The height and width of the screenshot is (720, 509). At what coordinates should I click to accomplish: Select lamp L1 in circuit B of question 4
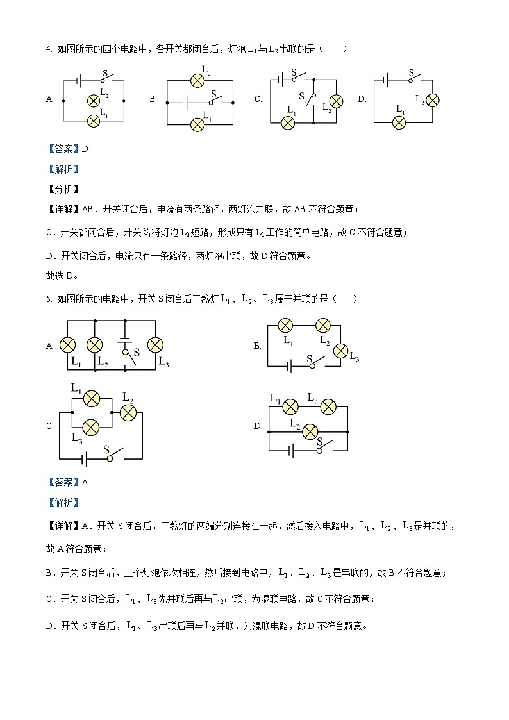click(197, 124)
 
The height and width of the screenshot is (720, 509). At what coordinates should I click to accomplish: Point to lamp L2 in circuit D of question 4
click(432, 100)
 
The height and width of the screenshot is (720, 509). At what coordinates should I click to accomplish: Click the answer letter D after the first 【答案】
click(84, 149)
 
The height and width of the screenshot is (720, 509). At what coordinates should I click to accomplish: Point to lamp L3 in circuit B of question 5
click(341, 350)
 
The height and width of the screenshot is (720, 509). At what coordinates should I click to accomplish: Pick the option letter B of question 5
click(257, 346)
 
